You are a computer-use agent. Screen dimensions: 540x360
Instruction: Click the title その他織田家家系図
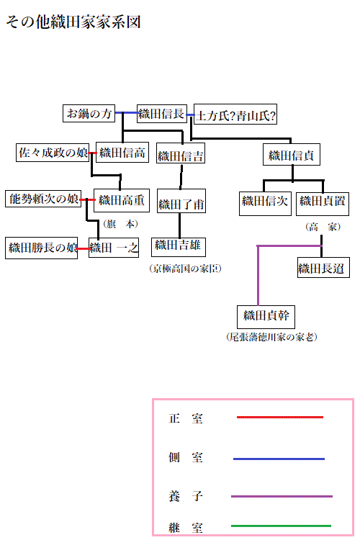click(73, 22)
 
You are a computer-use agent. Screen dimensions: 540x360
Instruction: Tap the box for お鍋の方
click(89, 114)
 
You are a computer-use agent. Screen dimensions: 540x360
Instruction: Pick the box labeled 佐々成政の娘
click(53, 153)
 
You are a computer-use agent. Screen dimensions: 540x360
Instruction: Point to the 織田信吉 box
click(181, 155)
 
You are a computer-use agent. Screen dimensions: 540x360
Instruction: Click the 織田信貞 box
click(292, 155)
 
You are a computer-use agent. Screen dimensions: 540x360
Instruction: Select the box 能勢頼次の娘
click(42, 199)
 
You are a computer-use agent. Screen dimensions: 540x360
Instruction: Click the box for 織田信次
click(265, 202)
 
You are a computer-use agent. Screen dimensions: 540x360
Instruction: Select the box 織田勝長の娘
click(42, 248)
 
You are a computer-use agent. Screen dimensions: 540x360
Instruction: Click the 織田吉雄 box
click(179, 246)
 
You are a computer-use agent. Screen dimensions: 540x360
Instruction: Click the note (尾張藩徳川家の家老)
click(271, 337)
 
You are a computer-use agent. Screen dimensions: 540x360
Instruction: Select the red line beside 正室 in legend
click(280, 417)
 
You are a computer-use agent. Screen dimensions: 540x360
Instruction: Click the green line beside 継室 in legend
click(281, 526)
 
